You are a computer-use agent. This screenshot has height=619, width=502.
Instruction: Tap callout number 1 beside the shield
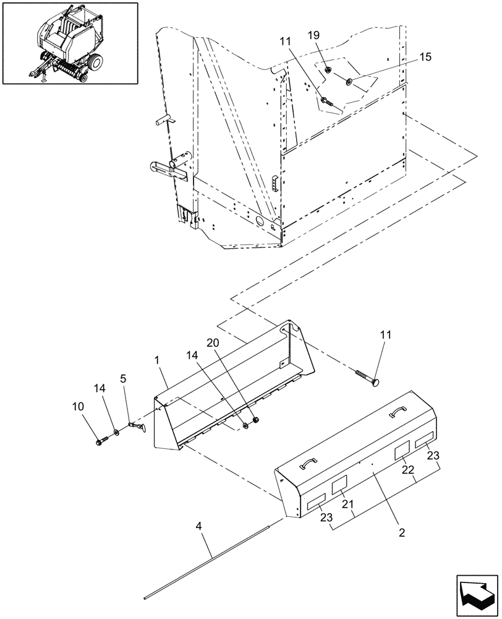point(158,358)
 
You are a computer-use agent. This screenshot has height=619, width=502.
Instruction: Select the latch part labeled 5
point(137,426)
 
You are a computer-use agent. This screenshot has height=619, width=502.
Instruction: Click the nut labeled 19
point(326,70)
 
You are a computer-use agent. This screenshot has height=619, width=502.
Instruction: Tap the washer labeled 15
point(351,80)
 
